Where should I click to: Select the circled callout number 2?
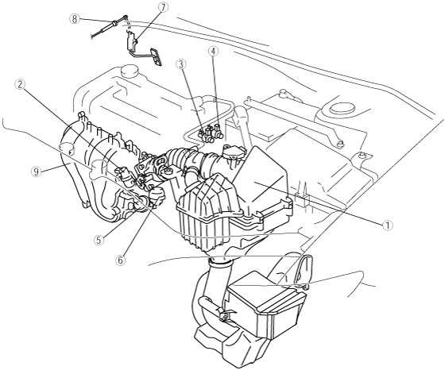(x=20, y=84)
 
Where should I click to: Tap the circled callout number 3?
(x=181, y=64)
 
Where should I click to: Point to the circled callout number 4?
(x=214, y=51)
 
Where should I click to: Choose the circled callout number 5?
(x=99, y=240)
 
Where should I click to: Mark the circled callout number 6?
(x=120, y=260)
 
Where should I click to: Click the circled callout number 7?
(x=163, y=7)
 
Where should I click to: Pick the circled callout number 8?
(x=75, y=19)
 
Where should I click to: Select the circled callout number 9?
(x=36, y=172)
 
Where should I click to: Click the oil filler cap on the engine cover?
(x=130, y=71)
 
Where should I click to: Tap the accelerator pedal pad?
(x=156, y=56)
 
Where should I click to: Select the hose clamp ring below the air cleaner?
(x=220, y=264)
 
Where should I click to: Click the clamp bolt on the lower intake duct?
(x=224, y=315)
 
